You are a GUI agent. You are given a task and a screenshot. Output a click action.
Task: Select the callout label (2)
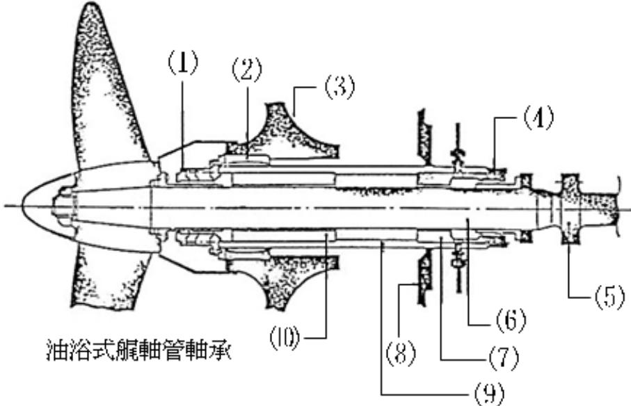[x=247, y=70]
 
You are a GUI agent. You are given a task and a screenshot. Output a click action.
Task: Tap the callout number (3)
[x=340, y=88]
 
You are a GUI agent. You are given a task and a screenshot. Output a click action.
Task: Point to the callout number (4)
[x=538, y=118]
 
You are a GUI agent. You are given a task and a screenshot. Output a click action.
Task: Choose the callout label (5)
[x=609, y=298]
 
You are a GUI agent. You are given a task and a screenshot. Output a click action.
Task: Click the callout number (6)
[x=510, y=320]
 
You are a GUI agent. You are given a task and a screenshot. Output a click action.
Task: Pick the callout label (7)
[x=504, y=358]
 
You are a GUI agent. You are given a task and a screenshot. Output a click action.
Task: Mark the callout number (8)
[x=401, y=354]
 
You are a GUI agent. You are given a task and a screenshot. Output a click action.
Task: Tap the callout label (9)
[x=489, y=393]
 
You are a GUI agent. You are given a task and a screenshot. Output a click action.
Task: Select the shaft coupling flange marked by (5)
[x=570, y=209]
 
